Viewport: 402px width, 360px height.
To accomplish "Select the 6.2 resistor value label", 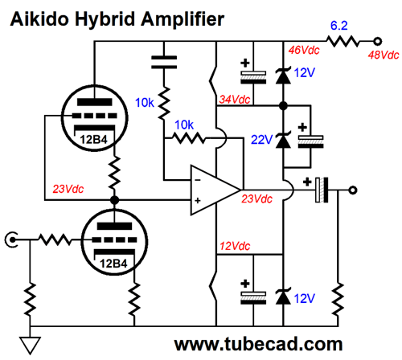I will click(x=338, y=25).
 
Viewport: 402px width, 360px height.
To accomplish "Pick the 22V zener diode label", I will click(x=259, y=138).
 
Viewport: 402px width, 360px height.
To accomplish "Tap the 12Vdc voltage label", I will click(x=235, y=244).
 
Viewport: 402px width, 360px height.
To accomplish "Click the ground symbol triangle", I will click(x=30, y=346).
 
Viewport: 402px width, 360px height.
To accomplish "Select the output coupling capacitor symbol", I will click(x=322, y=191).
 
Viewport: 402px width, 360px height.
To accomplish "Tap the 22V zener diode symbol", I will click(x=282, y=138).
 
